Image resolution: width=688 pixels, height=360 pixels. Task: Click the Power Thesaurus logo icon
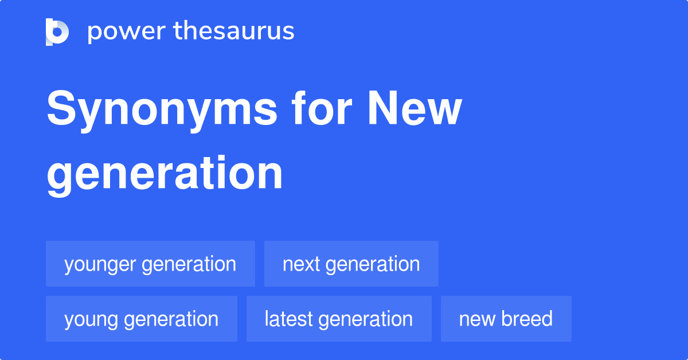tap(57, 32)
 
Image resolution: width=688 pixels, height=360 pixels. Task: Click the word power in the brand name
tap(127, 32)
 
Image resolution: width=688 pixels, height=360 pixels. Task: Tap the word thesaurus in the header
tap(234, 30)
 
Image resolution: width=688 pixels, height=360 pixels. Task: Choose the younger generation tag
tap(150, 264)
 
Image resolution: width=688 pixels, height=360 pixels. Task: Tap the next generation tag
tap(351, 264)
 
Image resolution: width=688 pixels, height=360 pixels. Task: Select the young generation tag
tap(142, 319)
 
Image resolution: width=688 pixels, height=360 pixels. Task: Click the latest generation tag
tap(339, 319)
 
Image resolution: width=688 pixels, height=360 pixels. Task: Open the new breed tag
tap(506, 319)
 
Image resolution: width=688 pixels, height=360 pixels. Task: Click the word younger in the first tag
tap(100, 265)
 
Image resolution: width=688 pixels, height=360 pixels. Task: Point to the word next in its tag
tap(302, 264)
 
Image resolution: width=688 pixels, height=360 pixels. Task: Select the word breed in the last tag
tap(527, 319)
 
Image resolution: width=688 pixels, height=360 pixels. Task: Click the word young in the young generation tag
tap(91, 320)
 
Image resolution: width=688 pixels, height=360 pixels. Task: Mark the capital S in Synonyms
tap(61, 108)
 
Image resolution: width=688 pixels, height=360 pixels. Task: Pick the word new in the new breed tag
tap(477, 320)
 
